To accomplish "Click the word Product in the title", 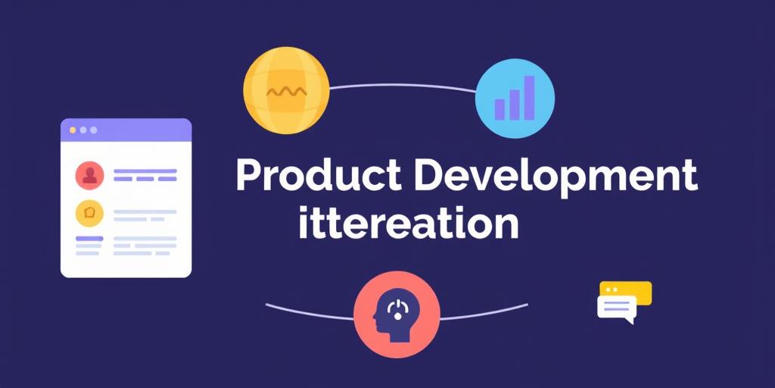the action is point(319,175).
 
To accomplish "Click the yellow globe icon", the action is point(286,90).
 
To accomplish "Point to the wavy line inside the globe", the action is point(286,92).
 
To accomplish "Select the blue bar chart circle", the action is point(515,98).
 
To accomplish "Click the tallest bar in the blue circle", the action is point(529,98).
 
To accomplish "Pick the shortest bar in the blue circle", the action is point(500,109).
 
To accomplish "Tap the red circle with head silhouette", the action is point(397,314).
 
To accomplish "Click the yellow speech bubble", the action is point(626,292).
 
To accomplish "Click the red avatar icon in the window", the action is point(89,176).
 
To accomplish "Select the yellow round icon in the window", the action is point(89,213).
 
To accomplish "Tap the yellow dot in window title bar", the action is point(73,130).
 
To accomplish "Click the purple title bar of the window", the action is point(126,130).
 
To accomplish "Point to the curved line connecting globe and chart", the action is point(403,87).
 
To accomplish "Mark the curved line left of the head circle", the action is point(310,312).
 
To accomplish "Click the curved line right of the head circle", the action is point(484,312).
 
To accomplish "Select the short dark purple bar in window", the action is point(89,239).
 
